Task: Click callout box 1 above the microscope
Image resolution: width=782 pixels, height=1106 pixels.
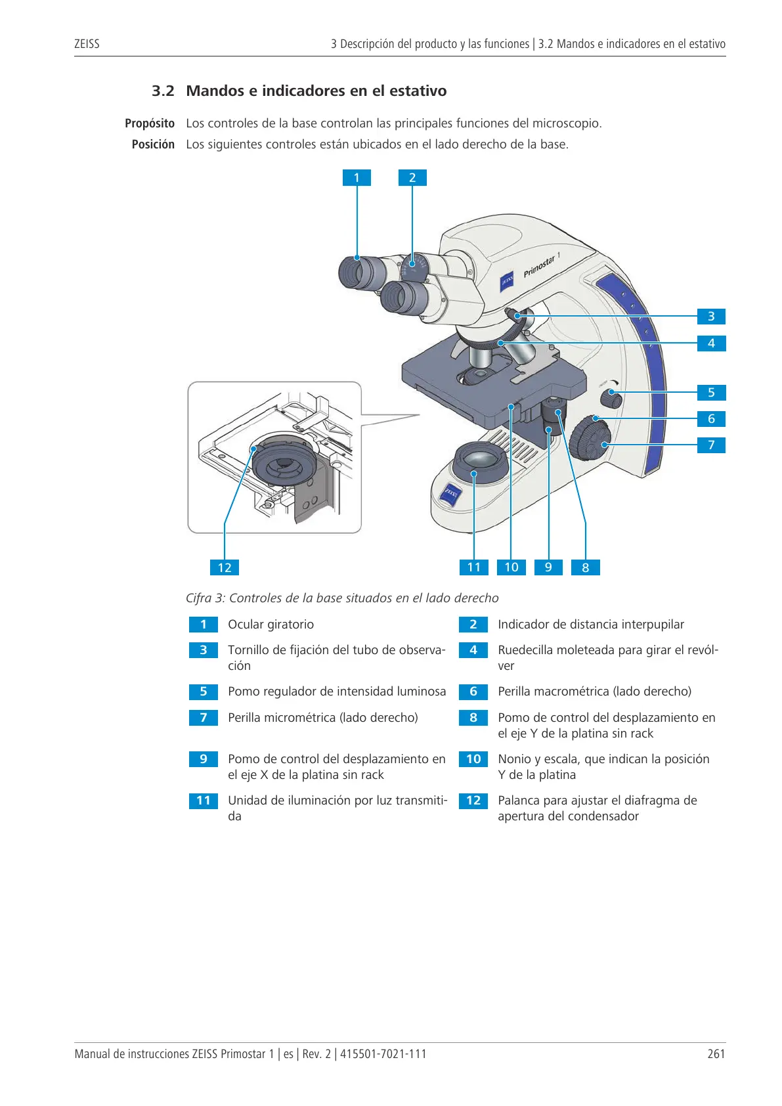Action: coord(357,177)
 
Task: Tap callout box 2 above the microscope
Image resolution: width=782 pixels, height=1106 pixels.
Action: coord(412,177)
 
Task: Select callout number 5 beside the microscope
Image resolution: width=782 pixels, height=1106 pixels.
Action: coord(711,393)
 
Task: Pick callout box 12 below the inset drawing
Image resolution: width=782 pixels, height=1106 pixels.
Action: coord(225,567)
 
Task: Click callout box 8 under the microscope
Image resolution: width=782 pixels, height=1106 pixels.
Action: coord(586,567)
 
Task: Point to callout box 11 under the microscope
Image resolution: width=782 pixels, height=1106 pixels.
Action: coord(474,567)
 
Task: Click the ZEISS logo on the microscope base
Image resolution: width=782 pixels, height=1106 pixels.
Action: coord(451,494)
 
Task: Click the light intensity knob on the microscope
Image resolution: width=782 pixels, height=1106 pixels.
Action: coord(611,397)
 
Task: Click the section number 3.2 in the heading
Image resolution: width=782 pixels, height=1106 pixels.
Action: coord(163,91)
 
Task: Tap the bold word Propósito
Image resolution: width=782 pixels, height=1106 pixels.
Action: coord(150,123)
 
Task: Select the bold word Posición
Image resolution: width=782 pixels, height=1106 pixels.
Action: coord(153,144)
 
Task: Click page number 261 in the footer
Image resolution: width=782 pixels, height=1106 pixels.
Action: coord(716,1053)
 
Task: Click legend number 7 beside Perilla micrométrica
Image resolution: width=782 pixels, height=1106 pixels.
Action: coord(203,718)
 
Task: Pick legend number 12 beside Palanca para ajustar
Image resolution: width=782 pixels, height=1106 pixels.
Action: coord(473,801)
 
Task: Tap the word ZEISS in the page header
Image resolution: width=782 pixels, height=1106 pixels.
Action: coord(87,44)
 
